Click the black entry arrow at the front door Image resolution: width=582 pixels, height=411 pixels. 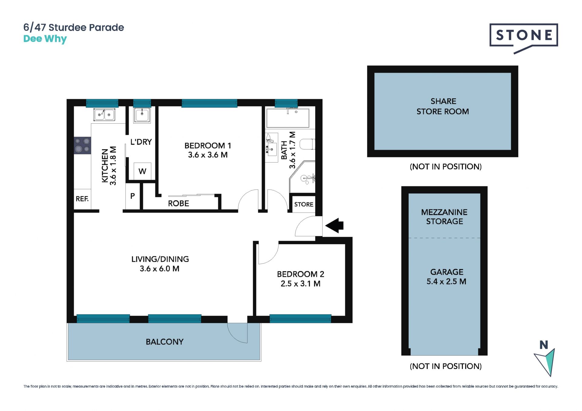point(334,226)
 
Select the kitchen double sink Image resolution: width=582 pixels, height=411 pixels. point(104,114)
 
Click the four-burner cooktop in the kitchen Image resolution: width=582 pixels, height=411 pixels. point(82,145)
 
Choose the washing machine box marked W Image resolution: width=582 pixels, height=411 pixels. point(142,171)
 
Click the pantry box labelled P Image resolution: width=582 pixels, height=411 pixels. point(132,196)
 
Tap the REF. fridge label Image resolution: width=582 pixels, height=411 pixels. point(82,199)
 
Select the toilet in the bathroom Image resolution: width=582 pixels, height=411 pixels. point(307,144)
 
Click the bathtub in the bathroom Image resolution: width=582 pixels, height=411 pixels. point(288,118)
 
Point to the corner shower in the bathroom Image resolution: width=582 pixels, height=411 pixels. point(303,177)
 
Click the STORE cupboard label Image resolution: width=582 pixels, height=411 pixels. point(304,204)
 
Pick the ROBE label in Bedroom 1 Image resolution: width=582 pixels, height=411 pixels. point(179,204)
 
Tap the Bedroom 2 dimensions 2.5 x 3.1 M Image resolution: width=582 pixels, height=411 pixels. point(300,284)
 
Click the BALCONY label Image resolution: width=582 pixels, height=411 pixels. point(165,342)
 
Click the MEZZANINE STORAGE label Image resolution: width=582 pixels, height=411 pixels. point(444,217)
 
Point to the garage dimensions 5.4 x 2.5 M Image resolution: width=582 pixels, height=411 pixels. point(446,282)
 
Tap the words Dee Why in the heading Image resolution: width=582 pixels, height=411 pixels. point(45,39)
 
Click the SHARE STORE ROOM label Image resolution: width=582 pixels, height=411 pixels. point(443,106)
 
